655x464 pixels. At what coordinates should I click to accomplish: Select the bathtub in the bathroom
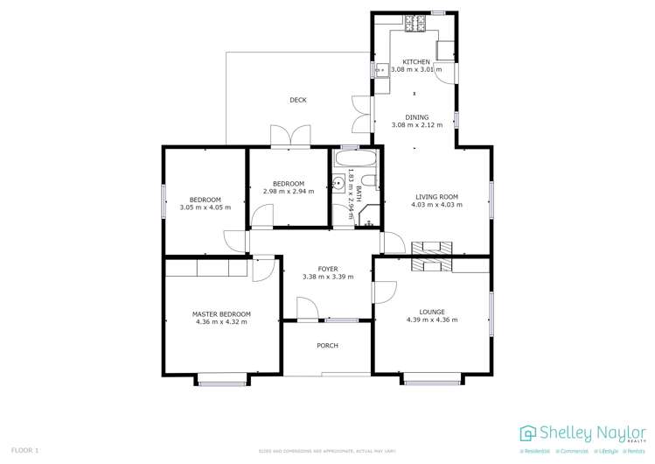click(x=354, y=160)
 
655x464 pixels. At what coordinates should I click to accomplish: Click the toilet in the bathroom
click(x=369, y=182)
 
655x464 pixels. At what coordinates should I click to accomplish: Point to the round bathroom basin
click(x=338, y=184)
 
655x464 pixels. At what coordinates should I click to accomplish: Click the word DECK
click(x=298, y=100)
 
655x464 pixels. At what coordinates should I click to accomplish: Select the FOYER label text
click(x=327, y=270)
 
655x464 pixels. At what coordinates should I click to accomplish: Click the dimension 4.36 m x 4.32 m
click(x=221, y=322)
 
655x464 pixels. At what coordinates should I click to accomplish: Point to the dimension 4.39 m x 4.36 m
click(x=431, y=320)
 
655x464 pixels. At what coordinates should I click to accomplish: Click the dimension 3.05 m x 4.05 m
click(x=206, y=207)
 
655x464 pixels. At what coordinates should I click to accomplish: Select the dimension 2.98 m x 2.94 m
click(x=288, y=191)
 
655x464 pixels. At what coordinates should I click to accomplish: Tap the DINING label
click(x=416, y=117)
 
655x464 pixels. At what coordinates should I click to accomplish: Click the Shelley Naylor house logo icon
click(x=526, y=433)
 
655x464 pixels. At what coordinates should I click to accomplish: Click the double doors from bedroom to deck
click(x=289, y=137)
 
